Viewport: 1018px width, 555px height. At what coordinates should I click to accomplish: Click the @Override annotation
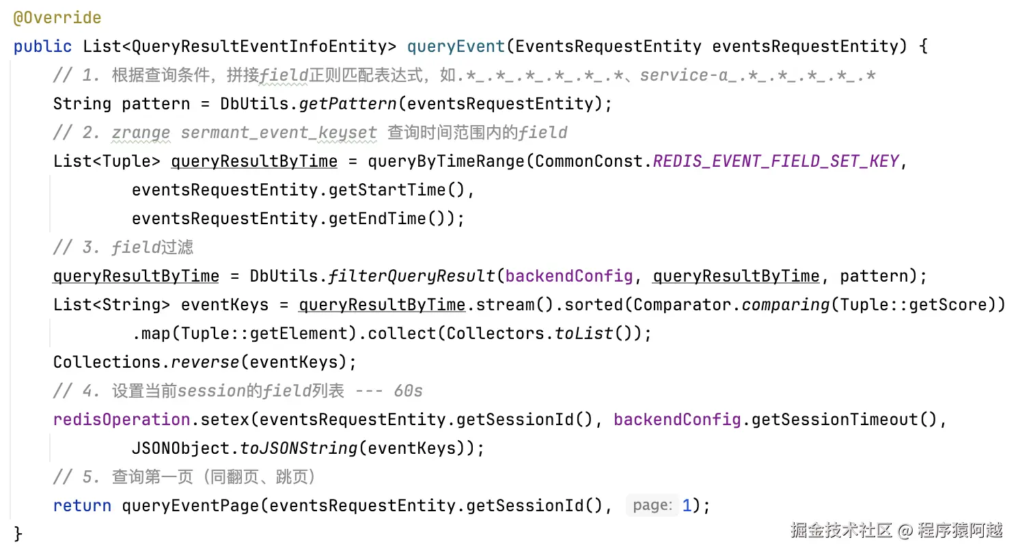(x=57, y=18)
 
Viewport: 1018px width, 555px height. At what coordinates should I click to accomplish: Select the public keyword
(x=42, y=46)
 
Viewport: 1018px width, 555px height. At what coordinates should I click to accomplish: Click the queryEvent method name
(x=456, y=46)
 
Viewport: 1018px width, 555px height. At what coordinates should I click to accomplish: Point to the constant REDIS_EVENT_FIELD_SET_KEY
(x=775, y=161)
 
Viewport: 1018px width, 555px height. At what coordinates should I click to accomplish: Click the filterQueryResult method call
(x=412, y=276)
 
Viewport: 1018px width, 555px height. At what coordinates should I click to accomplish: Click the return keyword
(x=82, y=506)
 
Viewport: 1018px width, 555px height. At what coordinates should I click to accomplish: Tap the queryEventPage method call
(x=191, y=506)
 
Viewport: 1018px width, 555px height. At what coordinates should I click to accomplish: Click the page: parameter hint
(x=652, y=506)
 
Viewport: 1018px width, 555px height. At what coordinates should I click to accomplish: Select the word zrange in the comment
(x=140, y=133)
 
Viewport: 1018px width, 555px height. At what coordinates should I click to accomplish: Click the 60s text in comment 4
(x=408, y=391)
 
